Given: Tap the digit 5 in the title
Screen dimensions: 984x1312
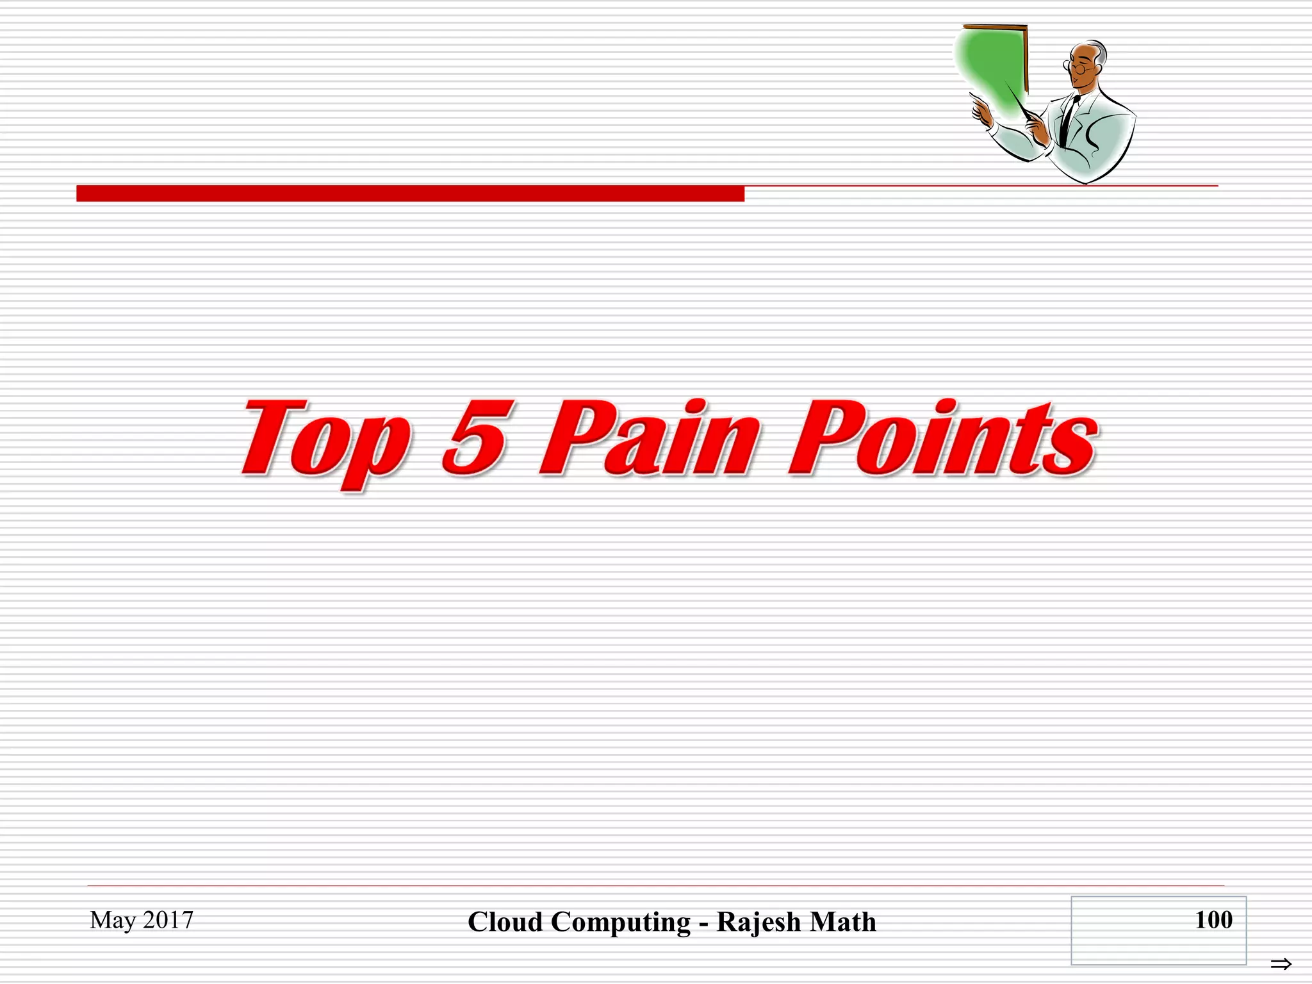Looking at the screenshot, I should [477, 437].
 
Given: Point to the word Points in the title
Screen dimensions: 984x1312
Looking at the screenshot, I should [942, 438].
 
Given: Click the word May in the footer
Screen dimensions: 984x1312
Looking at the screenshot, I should [113, 921].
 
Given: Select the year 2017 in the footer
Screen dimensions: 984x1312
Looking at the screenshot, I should [168, 920].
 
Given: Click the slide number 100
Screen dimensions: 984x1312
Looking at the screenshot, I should [1213, 920].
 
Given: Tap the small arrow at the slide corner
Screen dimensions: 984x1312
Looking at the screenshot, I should [1281, 964].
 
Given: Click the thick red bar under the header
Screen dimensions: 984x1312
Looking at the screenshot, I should [410, 193].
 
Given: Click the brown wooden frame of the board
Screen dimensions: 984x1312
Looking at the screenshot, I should [1026, 58].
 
